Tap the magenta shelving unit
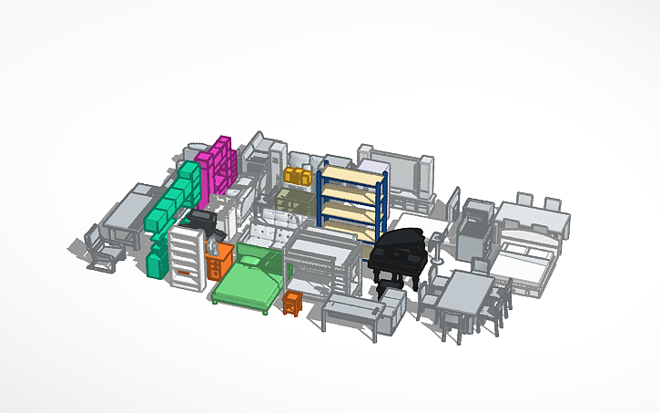(218, 164)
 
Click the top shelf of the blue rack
(353, 173)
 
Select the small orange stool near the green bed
(292, 304)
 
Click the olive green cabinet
(293, 202)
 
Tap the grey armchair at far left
(103, 248)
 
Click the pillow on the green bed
(269, 263)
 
